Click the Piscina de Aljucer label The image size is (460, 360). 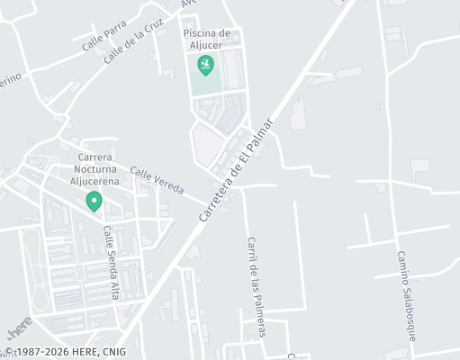tap(206, 40)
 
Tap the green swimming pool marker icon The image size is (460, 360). tap(206, 65)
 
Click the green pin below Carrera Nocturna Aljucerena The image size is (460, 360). tap(93, 202)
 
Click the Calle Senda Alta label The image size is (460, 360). tap(112, 262)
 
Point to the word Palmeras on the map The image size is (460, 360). tap(260, 310)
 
